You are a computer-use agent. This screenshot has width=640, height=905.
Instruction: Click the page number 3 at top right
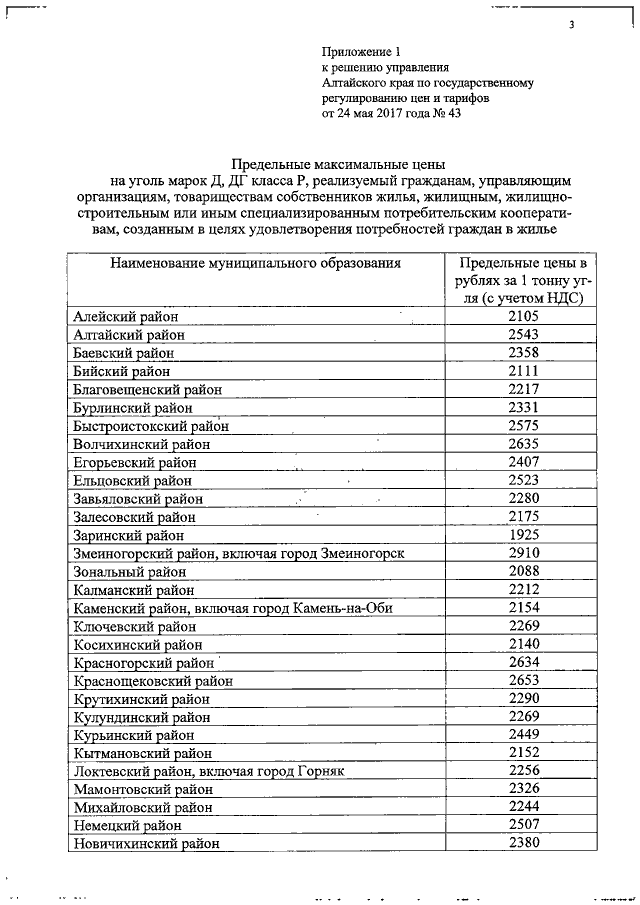point(572,26)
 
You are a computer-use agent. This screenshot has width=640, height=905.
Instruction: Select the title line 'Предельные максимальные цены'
point(338,164)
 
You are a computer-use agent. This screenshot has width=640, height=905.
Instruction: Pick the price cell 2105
point(523,316)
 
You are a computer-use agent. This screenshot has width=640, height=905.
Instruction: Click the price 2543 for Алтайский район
point(523,334)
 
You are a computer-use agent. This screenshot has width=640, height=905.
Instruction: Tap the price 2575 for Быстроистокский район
point(523,426)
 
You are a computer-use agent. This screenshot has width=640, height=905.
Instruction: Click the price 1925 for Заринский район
point(523,535)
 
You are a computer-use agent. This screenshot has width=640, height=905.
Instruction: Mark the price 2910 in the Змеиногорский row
point(523,553)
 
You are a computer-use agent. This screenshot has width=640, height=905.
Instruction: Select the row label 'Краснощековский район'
point(153,681)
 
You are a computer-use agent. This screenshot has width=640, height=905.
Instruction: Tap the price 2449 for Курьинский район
point(523,735)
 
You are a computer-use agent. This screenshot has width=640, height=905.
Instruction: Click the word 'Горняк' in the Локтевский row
point(321,771)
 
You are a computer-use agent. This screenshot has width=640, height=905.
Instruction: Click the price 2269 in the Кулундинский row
point(523,717)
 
